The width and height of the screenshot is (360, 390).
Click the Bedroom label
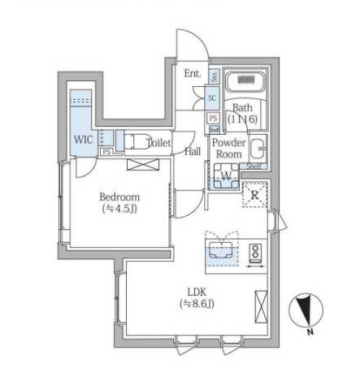click(119, 197)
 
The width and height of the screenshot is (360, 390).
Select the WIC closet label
click(84, 139)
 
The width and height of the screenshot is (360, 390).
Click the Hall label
click(193, 151)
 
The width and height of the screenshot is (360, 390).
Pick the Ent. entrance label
click(192, 74)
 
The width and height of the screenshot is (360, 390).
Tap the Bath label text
click(242, 107)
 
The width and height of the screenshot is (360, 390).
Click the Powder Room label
click(228, 148)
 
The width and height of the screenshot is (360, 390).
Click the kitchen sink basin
click(219, 250)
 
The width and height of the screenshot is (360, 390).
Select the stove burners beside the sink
click(254, 253)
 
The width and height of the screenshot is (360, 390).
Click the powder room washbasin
click(256, 150)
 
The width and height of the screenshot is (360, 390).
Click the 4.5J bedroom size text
click(119, 209)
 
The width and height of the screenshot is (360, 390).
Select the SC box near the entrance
click(212, 98)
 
